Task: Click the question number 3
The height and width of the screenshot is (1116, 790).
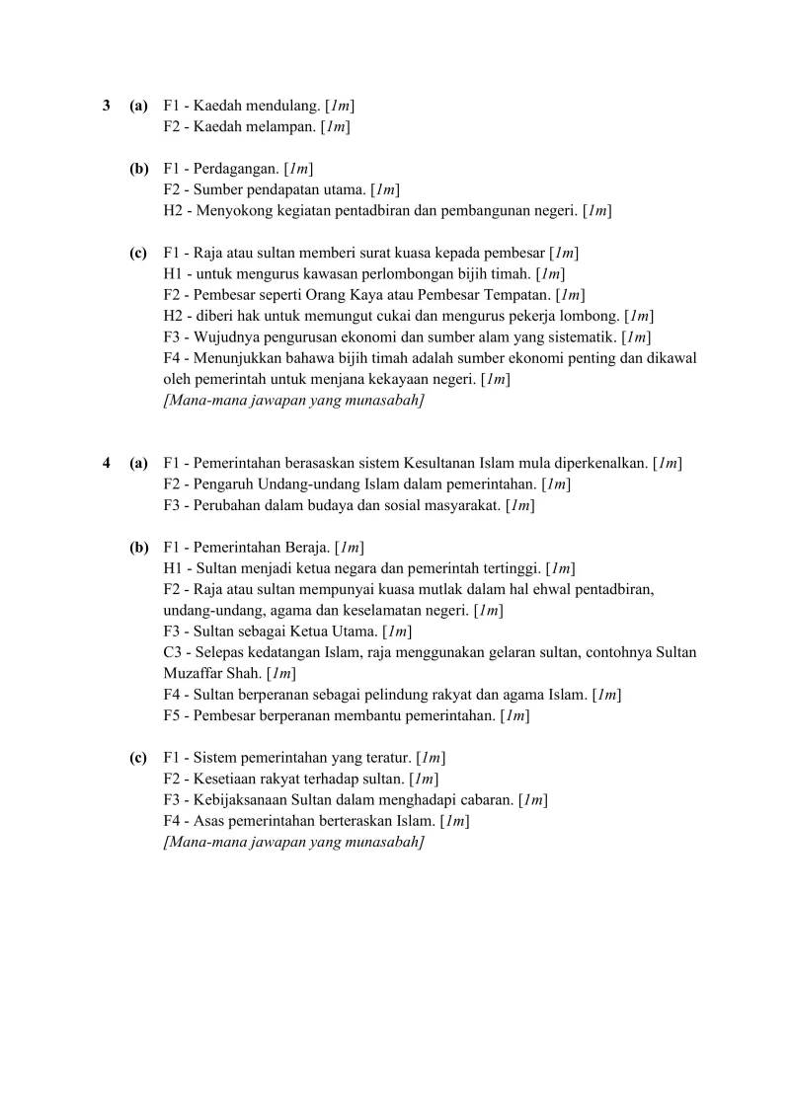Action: (x=107, y=105)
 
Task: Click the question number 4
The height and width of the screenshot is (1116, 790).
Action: (x=107, y=462)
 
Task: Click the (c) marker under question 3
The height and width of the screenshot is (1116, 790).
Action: (x=138, y=253)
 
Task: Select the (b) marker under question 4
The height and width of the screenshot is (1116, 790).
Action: (x=138, y=547)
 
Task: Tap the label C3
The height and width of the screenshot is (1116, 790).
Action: (x=174, y=652)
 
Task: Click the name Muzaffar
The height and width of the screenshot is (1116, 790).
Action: (x=195, y=673)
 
